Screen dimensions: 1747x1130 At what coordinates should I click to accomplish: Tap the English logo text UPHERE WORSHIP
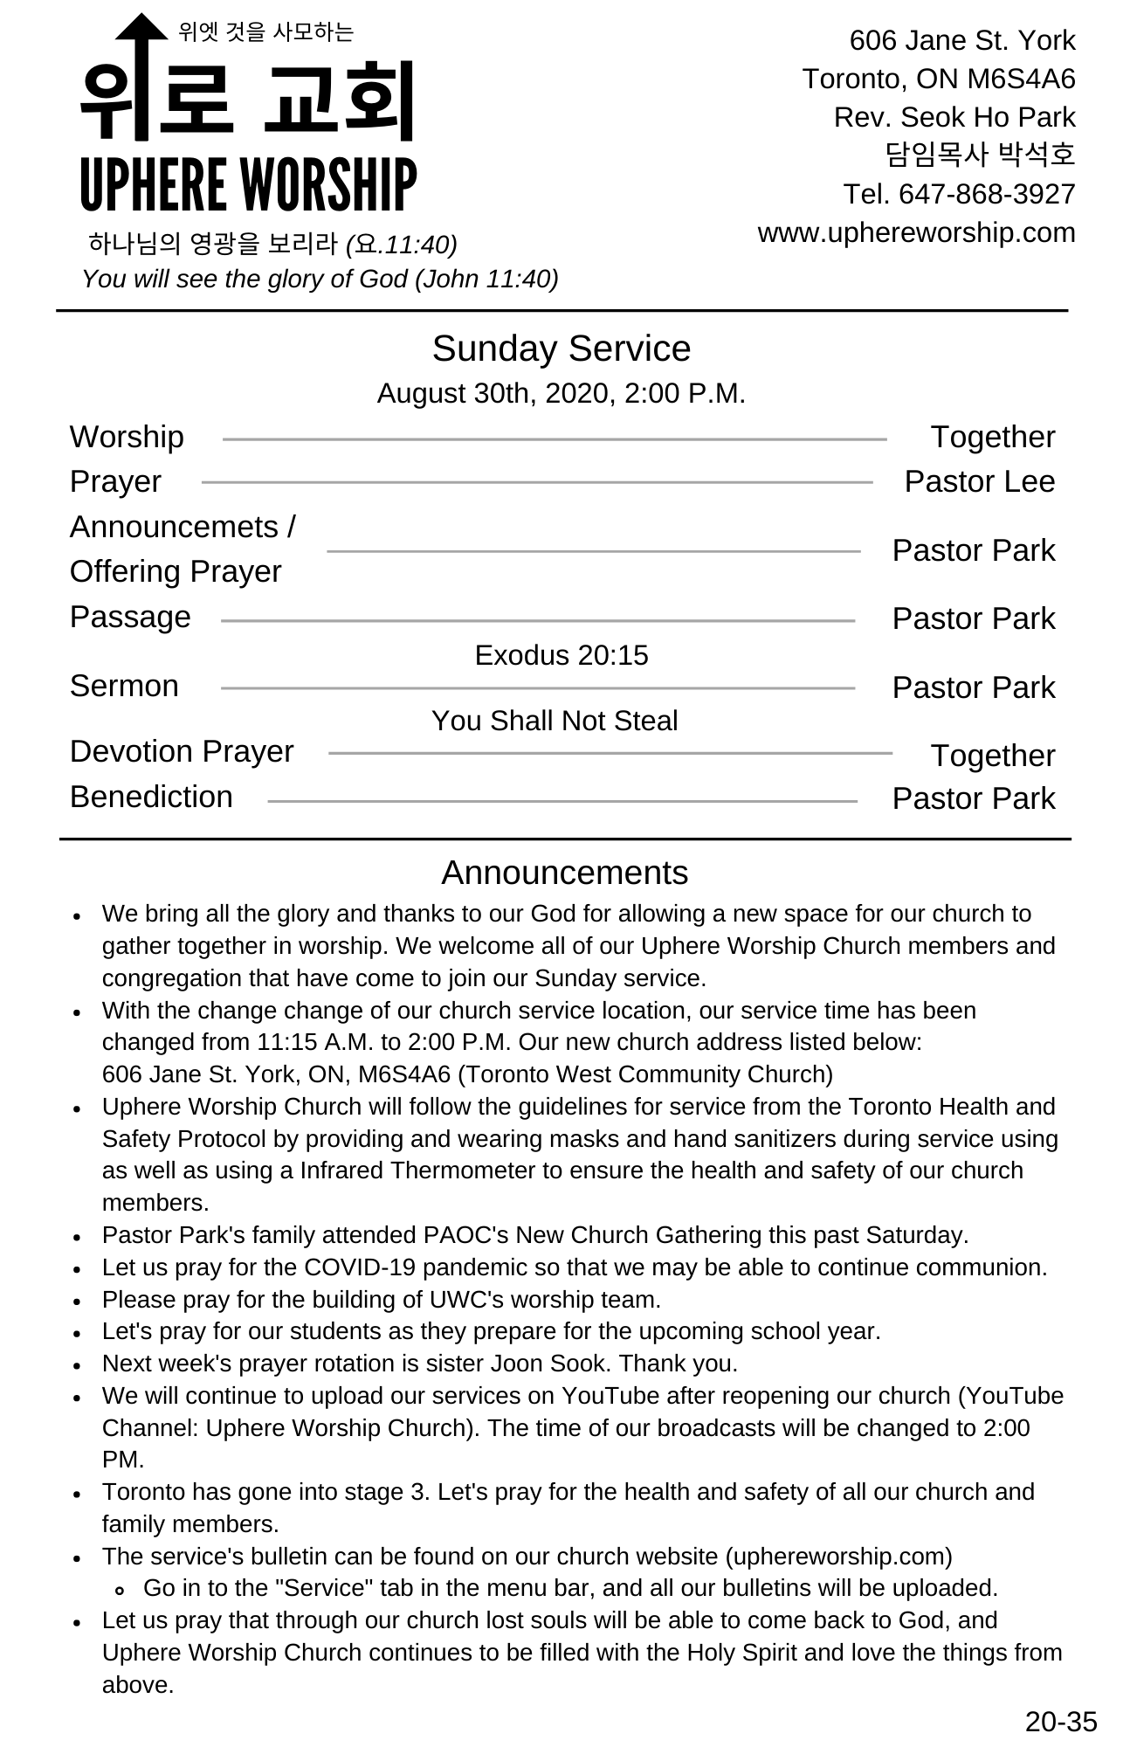click(x=248, y=185)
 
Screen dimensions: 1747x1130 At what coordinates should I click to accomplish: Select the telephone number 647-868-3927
click(x=987, y=194)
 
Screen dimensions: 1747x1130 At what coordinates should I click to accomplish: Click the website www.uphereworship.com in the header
click(x=916, y=233)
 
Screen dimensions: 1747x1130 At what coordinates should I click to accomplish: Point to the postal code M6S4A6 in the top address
click(x=1021, y=79)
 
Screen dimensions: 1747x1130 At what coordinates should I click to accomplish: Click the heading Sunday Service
click(x=561, y=349)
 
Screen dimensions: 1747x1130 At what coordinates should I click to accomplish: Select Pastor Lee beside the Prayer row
click(x=979, y=481)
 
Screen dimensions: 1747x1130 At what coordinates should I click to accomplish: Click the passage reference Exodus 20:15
click(x=562, y=655)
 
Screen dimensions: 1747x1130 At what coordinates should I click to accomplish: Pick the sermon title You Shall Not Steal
click(x=555, y=721)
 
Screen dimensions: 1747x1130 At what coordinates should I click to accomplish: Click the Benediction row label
click(x=151, y=797)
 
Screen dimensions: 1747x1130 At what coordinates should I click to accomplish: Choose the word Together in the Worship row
click(x=992, y=437)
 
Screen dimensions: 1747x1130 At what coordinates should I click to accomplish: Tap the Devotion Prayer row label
click(x=182, y=751)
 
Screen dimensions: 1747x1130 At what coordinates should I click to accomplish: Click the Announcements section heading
click(x=564, y=873)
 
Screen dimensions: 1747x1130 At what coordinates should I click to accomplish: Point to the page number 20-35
click(x=1060, y=1722)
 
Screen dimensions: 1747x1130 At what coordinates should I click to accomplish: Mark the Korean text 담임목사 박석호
click(x=980, y=155)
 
